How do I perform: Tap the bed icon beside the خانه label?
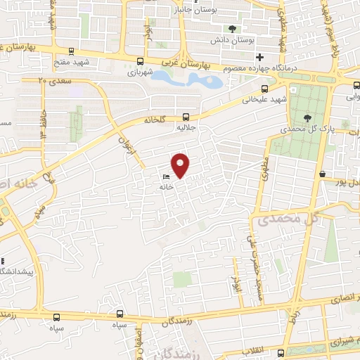[x=166, y=176]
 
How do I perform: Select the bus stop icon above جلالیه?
[x=186, y=117]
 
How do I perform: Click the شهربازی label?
[x=141, y=72]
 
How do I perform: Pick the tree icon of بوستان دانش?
[x=232, y=29]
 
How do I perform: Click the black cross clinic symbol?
[x=259, y=57]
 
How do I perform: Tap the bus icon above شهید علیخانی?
[x=264, y=89]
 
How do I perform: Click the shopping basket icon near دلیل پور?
[x=322, y=174]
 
